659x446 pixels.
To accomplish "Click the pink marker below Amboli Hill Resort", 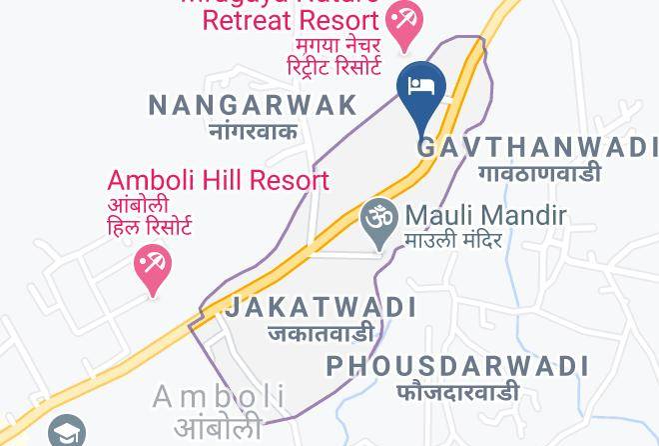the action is [x=152, y=268].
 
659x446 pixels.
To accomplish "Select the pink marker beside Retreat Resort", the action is [x=405, y=22].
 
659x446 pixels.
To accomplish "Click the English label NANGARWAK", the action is [x=253, y=104].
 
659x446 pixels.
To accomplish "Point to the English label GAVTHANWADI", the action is [x=537, y=147].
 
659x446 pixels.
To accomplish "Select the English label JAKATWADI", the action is [x=321, y=307].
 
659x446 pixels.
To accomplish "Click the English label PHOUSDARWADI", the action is [x=457, y=366].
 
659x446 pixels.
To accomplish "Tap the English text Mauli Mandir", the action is [x=485, y=215].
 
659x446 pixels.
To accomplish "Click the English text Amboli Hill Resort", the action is [x=218, y=181].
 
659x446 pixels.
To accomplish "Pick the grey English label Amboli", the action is [x=220, y=398].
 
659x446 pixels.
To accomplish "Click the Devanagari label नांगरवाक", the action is [x=253, y=130].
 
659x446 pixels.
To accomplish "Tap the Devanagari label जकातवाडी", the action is [x=321, y=333].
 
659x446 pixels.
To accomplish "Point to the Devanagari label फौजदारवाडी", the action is [x=457, y=391].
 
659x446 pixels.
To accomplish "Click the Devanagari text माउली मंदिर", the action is [x=453, y=240].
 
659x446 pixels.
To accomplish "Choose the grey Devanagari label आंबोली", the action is [x=221, y=423].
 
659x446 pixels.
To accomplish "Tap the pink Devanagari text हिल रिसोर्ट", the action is [x=150, y=226].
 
